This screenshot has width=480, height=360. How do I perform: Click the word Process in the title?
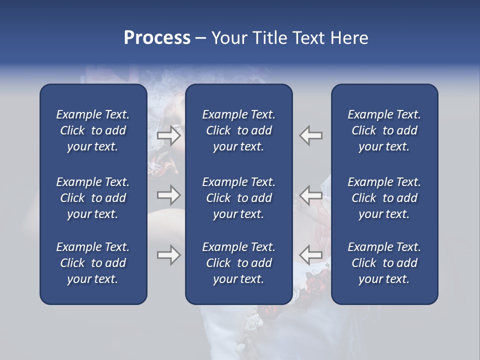(x=157, y=38)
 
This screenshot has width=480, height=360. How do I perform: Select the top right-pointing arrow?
(x=168, y=135)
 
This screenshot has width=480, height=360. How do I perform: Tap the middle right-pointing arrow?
(x=168, y=195)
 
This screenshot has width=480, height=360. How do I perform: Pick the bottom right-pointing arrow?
(x=168, y=255)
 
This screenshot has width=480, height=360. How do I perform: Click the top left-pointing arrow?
(x=311, y=135)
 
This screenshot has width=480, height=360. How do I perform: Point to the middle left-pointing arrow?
(x=311, y=195)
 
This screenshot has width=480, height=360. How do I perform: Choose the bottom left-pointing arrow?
(x=311, y=255)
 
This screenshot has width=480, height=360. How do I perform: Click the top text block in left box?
(x=93, y=130)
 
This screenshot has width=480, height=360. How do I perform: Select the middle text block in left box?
(x=93, y=198)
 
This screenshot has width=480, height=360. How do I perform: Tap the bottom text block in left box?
(x=93, y=263)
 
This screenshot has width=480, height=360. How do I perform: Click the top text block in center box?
(x=238, y=130)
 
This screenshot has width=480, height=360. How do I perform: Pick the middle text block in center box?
(x=238, y=198)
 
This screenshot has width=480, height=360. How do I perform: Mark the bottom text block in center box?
(x=238, y=263)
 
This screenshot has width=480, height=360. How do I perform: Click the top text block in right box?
(x=384, y=130)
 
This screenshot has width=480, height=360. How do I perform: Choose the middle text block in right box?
(x=384, y=198)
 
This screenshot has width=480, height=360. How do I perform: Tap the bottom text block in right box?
(x=384, y=263)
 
